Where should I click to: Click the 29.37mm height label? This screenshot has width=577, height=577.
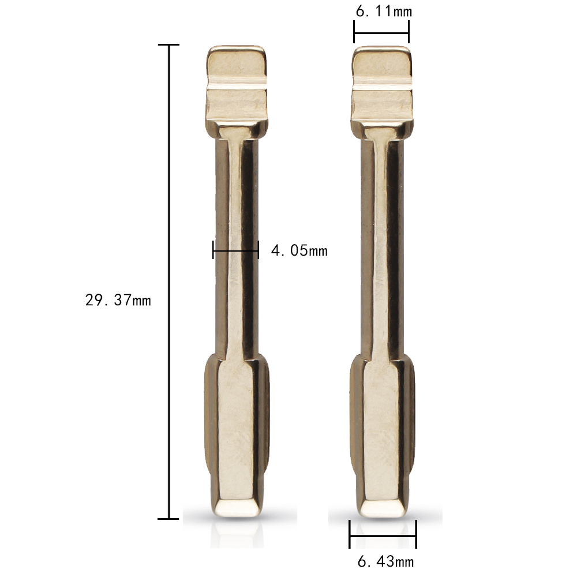click(118, 300)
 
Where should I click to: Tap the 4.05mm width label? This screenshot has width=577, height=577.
click(299, 250)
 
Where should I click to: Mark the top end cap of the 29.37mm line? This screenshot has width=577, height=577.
click(168, 44)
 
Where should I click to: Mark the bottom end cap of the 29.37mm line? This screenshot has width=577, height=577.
click(168, 519)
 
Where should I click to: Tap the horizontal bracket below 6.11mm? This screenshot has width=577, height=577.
click(381, 34)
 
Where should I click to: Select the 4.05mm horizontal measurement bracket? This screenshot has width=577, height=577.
click(235, 250)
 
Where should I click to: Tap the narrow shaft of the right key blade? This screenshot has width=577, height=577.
click(382, 242)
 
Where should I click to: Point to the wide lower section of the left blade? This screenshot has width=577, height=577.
click(237, 427)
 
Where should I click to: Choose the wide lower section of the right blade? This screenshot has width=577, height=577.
click(382, 427)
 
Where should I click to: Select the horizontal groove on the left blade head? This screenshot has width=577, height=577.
click(237, 87)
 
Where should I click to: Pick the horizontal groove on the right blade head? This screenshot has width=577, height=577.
click(382, 87)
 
